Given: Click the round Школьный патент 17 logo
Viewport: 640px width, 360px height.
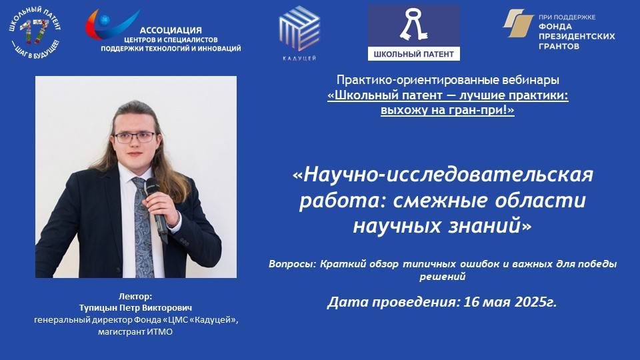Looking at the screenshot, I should pos(34,33).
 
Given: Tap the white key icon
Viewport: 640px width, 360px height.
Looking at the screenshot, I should pos(413,25).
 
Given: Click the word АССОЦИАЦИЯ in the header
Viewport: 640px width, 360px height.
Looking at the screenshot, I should pos(170,30).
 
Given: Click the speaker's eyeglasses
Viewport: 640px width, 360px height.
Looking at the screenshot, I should pos(135,137).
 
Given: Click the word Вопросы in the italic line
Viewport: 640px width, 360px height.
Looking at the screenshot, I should pos(291,263).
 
